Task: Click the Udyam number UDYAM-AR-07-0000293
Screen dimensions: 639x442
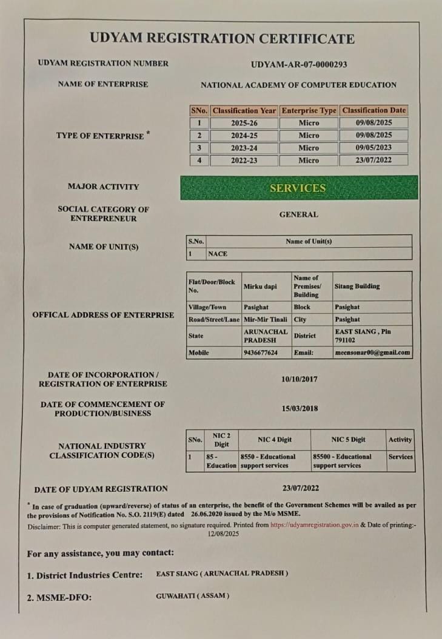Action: point(298,64)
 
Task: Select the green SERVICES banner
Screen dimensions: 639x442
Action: point(298,188)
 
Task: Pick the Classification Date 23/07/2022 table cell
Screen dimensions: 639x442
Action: point(374,161)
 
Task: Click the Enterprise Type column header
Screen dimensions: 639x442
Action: point(309,111)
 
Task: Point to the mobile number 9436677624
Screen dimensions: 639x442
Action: point(261,353)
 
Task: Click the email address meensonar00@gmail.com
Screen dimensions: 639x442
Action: point(372,353)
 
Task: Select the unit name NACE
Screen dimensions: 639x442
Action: point(218,254)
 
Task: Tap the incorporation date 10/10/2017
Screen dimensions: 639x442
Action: point(300,380)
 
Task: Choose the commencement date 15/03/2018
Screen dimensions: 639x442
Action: point(300,409)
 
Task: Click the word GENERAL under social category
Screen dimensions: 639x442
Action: point(298,214)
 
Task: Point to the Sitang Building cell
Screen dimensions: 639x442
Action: point(357,286)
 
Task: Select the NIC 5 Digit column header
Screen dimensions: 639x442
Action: point(348,440)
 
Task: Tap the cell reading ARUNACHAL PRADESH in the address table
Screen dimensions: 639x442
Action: point(265,336)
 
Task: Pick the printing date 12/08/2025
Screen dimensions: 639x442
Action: point(224,534)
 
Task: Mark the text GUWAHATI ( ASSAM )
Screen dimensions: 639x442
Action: point(193,596)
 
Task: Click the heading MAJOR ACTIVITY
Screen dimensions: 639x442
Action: point(103,187)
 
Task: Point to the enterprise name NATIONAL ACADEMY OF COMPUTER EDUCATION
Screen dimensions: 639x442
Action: point(298,85)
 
